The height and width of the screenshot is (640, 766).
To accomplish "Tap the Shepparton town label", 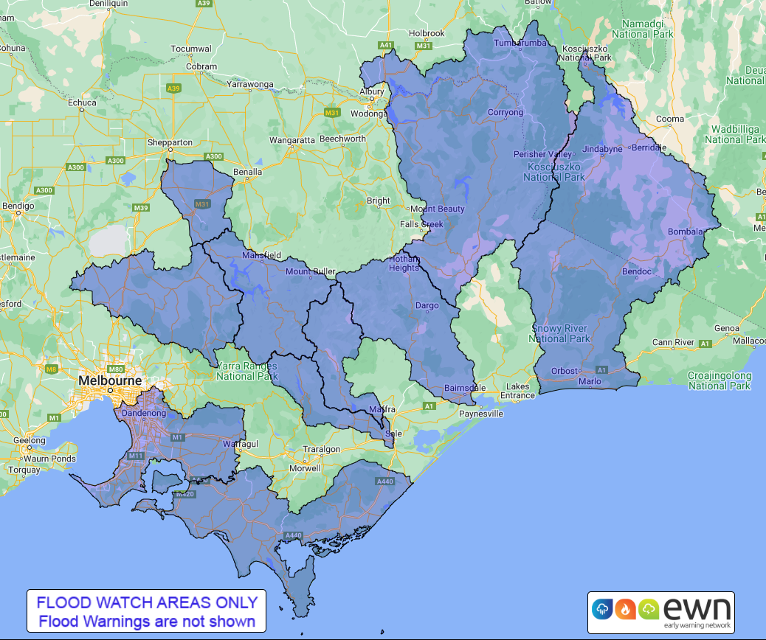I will click(170, 142).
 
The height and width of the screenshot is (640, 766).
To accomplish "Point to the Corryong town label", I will click(505, 113).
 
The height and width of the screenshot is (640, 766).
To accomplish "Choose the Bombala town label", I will click(684, 232).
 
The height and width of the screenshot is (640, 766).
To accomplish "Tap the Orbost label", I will click(565, 371).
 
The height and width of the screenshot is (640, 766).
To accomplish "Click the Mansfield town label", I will click(262, 255).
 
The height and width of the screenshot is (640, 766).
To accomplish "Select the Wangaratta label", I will click(292, 139).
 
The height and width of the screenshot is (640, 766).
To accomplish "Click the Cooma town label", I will click(670, 119).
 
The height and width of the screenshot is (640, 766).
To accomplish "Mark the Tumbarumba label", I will click(520, 44).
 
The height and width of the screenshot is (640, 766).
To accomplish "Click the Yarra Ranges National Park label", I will click(245, 370).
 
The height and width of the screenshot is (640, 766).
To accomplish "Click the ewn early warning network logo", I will click(660, 611).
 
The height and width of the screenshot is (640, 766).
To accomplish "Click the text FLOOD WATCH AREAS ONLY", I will click(147, 602).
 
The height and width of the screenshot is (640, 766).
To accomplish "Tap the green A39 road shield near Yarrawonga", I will click(173, 88).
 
